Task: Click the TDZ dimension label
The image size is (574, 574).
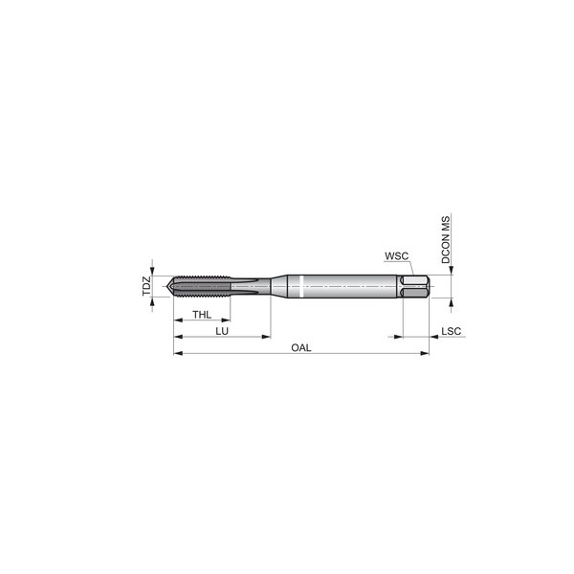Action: pos(146,286)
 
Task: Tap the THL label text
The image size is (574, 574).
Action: pos(202,315)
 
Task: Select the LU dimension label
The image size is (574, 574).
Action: pos(222,331)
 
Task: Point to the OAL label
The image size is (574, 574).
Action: pos(301,348)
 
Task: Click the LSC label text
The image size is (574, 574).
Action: pos(451,331)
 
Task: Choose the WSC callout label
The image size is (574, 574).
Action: pos(396,256)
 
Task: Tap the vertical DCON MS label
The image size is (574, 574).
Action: pos(446,240)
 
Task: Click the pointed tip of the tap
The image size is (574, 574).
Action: pos(166,286)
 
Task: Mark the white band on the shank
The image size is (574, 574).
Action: pos(301,286)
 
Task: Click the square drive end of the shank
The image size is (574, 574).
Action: pos(414,286)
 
